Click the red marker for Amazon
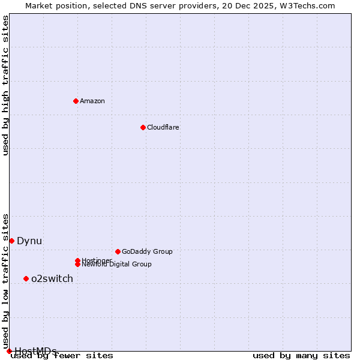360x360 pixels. tap(76, 101)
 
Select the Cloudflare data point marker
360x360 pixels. tap(143, 127)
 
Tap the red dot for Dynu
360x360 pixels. tap(11, 241)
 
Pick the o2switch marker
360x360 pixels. tap(26, 278)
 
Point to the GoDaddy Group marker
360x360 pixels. tap(118, 251)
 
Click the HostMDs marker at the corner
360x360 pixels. tap(9, 351)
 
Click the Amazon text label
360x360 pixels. tap(92, 101)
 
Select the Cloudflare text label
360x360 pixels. tap(163, 127)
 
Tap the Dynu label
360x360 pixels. tap(29, 241)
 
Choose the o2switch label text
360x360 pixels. tap(52, 278)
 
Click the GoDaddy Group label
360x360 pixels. tap(147, 251)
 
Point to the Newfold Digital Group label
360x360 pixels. tap(117, 264)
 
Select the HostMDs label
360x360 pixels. tap(36, 351)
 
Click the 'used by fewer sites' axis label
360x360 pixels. tap(62, 356)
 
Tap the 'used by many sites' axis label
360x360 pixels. tap(301, 356)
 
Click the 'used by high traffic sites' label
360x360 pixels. tap(6, 85)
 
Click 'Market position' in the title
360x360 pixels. tap(53, 5)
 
